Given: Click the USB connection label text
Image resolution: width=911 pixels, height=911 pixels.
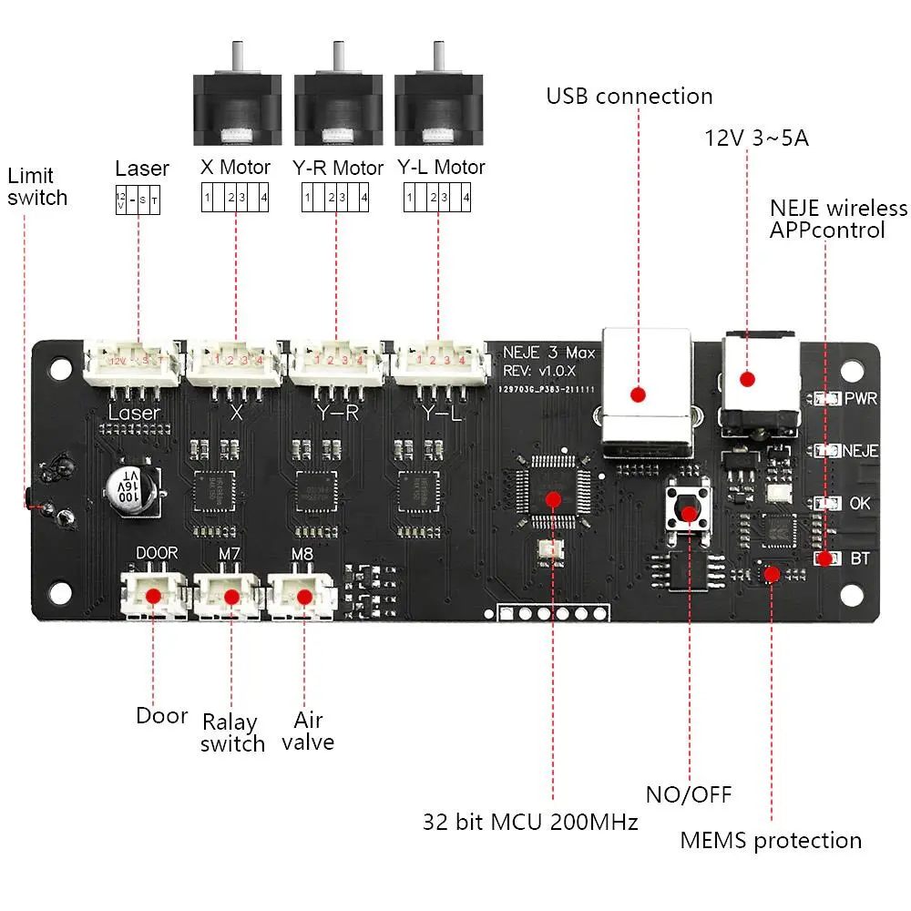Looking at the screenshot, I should coord(629,97).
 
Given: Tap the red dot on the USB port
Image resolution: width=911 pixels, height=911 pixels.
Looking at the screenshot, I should coord(639,394).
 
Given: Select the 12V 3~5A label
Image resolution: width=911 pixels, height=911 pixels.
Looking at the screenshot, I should coord(756,138).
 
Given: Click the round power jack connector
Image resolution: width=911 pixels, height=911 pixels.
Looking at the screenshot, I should coord(748,377).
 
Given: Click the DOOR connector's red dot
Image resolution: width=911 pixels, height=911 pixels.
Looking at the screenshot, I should coord(155,596).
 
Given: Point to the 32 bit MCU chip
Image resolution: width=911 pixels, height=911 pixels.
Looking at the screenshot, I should coord(553,497).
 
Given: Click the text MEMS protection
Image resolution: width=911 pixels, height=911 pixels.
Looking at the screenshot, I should coord(771,840).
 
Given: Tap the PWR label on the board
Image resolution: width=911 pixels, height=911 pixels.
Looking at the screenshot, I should coord(861,399).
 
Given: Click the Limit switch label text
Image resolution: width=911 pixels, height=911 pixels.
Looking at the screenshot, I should coord(36,186).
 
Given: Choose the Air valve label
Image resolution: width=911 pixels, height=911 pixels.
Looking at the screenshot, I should coord(307,730).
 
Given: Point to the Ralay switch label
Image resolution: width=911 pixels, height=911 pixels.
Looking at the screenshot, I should coord(232,733).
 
